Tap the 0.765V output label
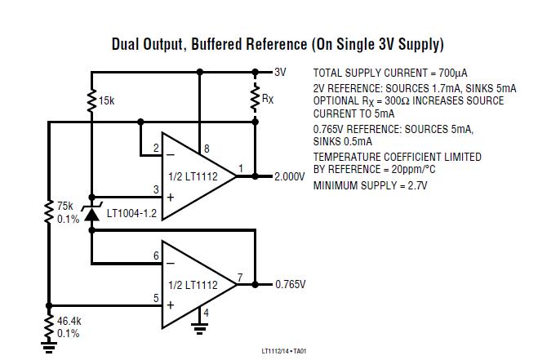290,284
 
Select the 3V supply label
281,72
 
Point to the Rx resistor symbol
255,96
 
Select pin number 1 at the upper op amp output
239,169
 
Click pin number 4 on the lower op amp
206,312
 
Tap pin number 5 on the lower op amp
156,298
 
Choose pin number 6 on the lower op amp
156,256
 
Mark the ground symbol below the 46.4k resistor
49,348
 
